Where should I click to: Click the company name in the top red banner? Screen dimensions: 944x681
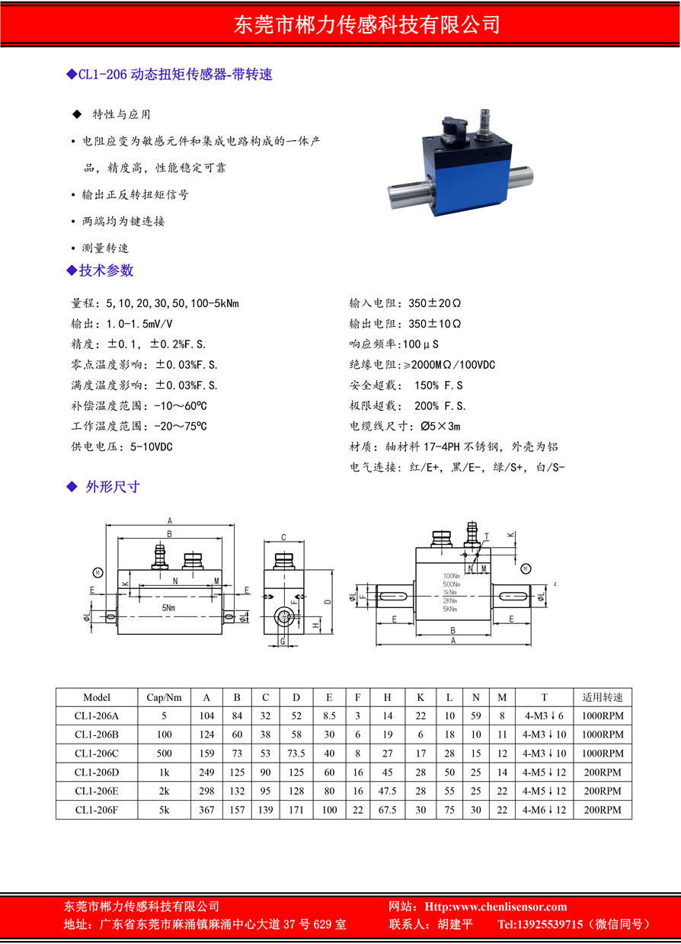click(x=366, y=24)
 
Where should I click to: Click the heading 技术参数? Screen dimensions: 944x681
click(x=106, y=270)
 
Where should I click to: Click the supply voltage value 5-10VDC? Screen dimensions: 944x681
click(x=152, y=446)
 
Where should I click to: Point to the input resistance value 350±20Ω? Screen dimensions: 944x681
click(x=435, y=302)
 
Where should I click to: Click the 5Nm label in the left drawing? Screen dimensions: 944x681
click(x=169, y=608)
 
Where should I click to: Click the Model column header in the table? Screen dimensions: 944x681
click(x=97, y=697)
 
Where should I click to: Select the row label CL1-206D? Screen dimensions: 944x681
click(x=97, y=773)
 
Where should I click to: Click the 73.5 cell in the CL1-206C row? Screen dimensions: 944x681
click(x=296, y=754)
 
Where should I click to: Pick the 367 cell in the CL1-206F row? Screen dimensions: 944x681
click(x=206, y=810)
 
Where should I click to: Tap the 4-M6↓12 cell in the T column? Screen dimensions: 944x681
click(x=544, y=810)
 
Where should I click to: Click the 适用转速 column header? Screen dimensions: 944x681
click(x=603, y=697)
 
